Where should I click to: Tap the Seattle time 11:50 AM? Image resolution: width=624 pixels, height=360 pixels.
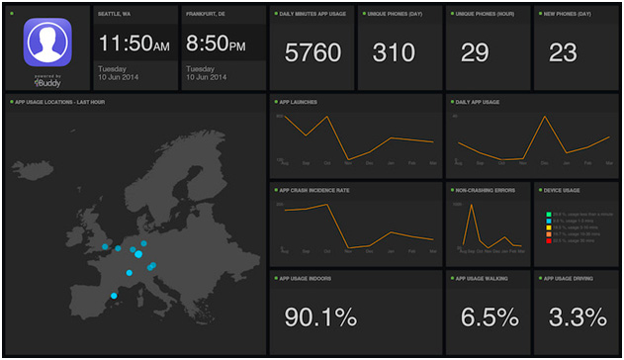[134, 45]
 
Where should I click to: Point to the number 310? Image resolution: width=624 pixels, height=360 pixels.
[394, 53]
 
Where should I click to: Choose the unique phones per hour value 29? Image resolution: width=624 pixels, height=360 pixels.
[475, 53]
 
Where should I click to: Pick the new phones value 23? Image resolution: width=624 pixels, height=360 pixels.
[563, 53]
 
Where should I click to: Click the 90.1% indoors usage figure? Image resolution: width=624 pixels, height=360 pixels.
[320, 317]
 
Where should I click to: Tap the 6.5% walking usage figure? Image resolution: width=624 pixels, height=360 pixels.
[490, 317]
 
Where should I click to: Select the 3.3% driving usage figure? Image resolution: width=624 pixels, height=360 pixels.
[578, 317]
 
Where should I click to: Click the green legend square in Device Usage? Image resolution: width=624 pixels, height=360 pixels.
[548, 213]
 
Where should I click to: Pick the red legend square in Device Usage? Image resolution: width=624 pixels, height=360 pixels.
[548, 240]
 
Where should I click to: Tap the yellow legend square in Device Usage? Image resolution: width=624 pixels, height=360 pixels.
[548, 226]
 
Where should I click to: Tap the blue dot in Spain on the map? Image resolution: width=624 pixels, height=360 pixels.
[115, 296]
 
